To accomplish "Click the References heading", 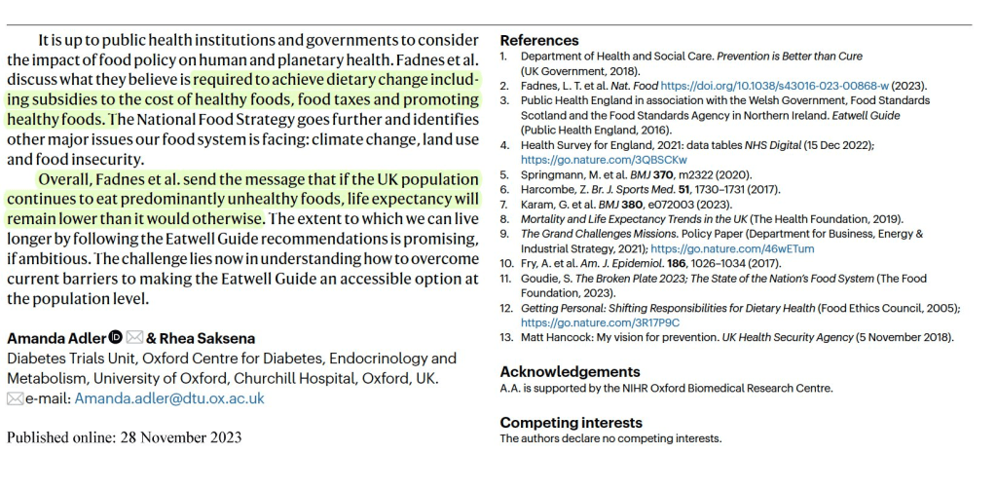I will pos(538,41).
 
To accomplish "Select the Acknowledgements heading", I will pos(570,371).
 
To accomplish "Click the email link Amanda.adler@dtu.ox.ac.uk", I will pos(169,398).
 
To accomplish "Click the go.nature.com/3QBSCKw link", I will pos(604,160).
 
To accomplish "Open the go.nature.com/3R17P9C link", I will pos(600,322).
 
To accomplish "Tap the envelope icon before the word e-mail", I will pos(15,398).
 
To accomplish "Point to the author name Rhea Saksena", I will pos(207,339).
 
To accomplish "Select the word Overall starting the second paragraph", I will pos(65,180).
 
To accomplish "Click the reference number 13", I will pos(506,338).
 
